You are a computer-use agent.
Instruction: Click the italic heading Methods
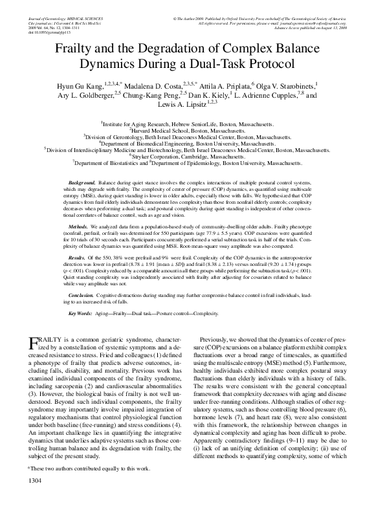pyautogui.click(x=78, y=228)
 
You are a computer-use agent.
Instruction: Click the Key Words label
pyautogui.click(x=80, y=313)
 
